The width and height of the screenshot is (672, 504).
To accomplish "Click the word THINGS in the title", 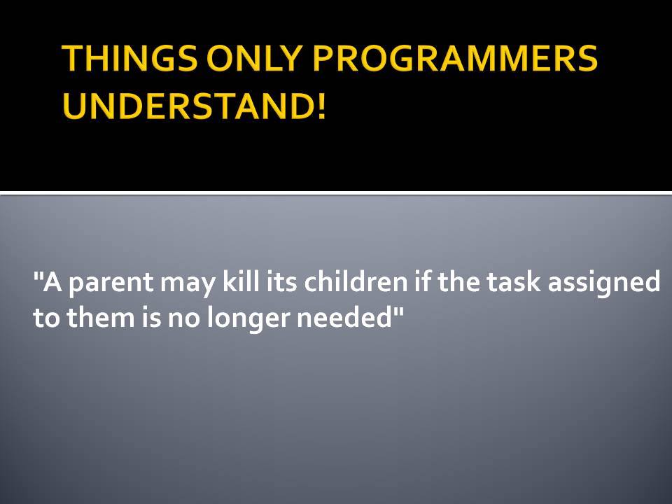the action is pos(130,58).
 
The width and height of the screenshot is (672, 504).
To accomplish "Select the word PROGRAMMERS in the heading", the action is pos(455,58).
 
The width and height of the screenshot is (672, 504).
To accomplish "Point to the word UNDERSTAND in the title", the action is pos(188,106).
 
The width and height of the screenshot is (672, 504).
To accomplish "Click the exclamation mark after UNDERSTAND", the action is pos(321,106).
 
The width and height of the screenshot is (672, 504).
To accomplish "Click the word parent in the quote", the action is pos(111,283).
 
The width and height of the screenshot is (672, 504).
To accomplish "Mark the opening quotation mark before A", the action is pos(38,276).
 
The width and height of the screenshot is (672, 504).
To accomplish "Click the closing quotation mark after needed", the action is pos(398,311).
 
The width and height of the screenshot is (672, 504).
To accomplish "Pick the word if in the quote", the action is pos(421,281).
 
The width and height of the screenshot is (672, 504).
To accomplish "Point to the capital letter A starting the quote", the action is pos(52,282).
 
